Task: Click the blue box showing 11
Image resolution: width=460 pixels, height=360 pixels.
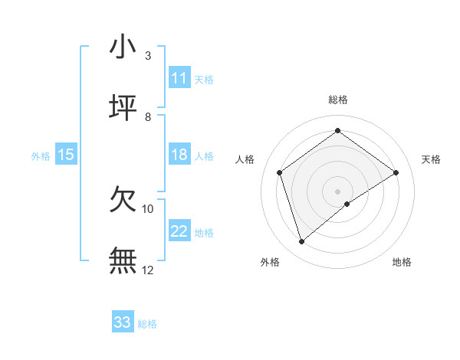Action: point(179,78)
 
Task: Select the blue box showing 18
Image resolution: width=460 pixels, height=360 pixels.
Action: point(179,155)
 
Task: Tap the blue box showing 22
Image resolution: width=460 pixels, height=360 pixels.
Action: point(179,231)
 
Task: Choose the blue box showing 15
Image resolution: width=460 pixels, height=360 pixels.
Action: point(66,155)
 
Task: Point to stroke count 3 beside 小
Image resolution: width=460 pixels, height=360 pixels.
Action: point(148,56)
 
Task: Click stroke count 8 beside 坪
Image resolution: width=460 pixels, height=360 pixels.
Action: point(148,117)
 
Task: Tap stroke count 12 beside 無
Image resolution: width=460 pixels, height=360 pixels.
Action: point(148,270)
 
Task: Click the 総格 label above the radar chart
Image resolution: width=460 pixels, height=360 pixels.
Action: point(338,100)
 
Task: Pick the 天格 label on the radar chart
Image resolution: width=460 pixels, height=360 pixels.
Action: point(431,159)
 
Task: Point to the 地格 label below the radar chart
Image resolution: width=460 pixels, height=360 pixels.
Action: point(402,262)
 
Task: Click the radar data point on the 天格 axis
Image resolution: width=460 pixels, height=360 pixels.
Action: point(396,172)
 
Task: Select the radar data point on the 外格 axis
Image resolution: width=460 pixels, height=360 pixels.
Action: point(302,242)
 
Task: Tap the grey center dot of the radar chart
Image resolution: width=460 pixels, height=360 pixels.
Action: point(338,191)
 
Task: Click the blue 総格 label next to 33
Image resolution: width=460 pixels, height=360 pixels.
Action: point(147,324)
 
